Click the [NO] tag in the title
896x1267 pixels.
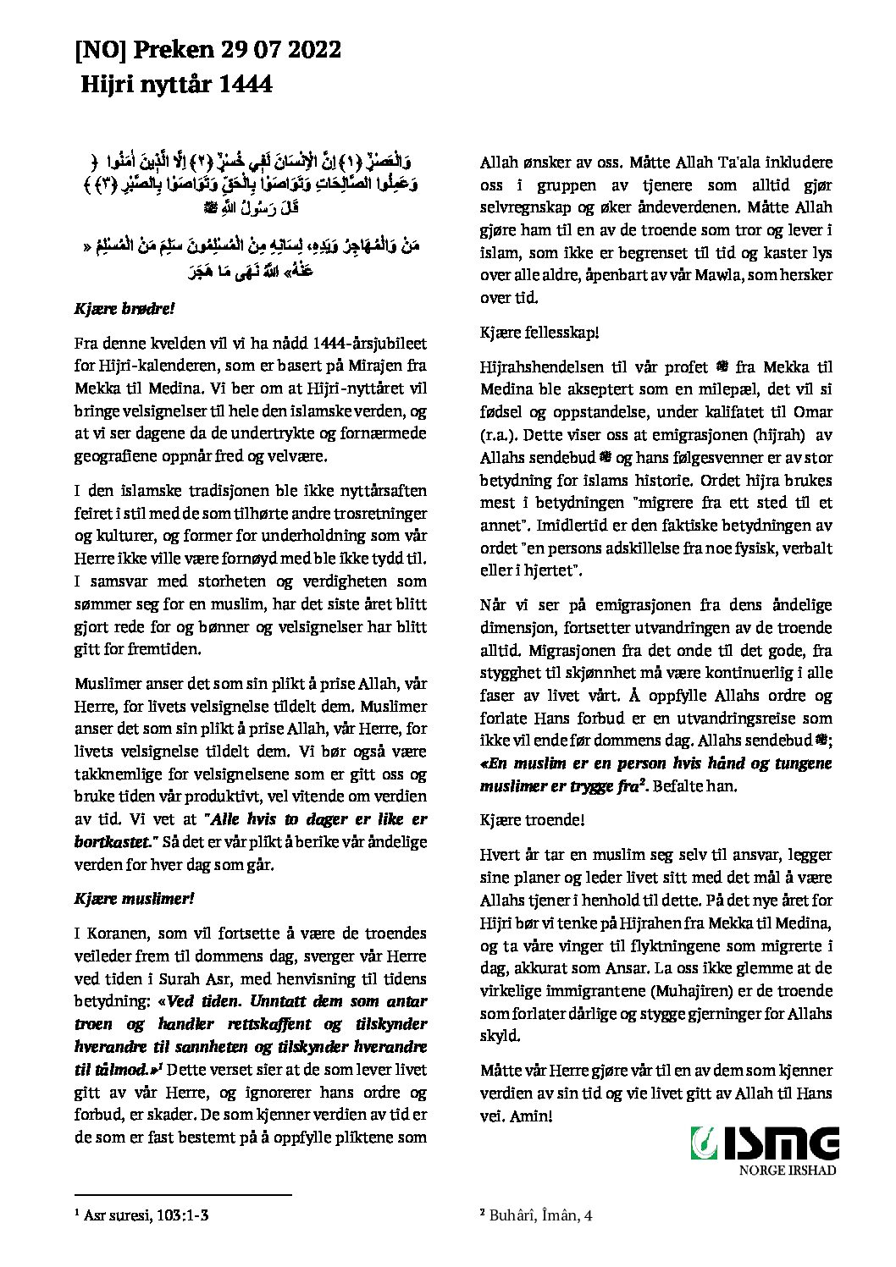(x=99, y=51)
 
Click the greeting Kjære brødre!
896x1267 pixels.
(x=124, y=309)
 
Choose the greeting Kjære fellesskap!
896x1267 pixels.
(x=539, y=333)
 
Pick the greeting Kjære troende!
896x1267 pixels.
(x=532, y=820)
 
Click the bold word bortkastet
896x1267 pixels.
(x=112, y=842)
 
